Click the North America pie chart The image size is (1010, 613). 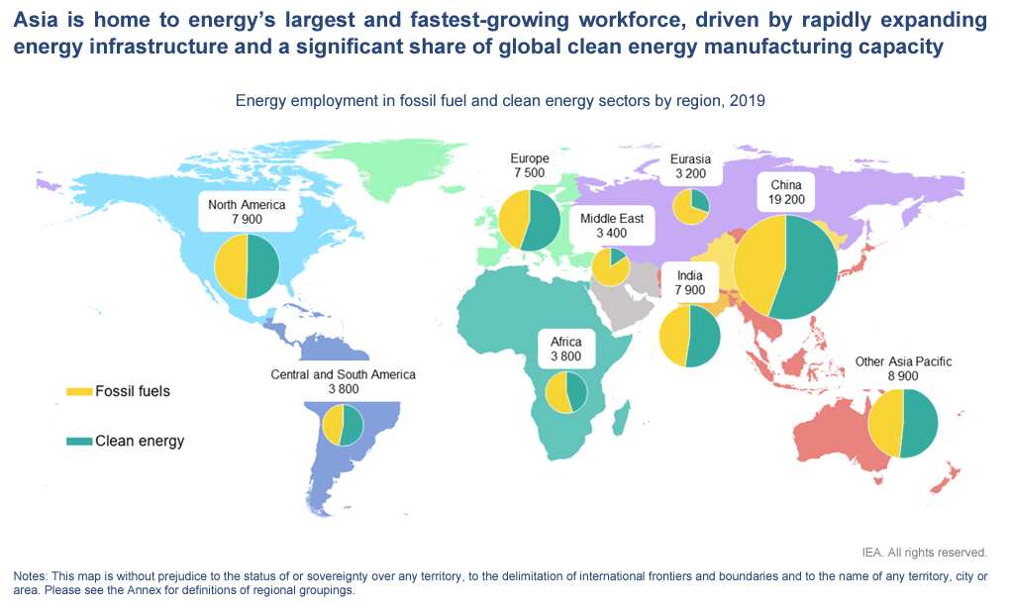click(248, 266)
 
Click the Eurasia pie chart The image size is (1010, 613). click(690, 207)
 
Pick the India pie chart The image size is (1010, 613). click(689, 337)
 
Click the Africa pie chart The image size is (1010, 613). click(566, 393)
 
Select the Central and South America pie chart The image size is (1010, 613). click(344, 426)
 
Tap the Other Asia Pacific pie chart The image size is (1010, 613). click(901, 424)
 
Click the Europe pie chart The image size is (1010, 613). click(530, 221)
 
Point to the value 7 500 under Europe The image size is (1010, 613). click(530, 173)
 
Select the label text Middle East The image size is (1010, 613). click(612, 218)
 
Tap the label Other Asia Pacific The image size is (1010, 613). click(903, 362)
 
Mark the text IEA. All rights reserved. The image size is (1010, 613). click(924, 553)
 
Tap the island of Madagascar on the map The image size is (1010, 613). click(621, 424)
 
